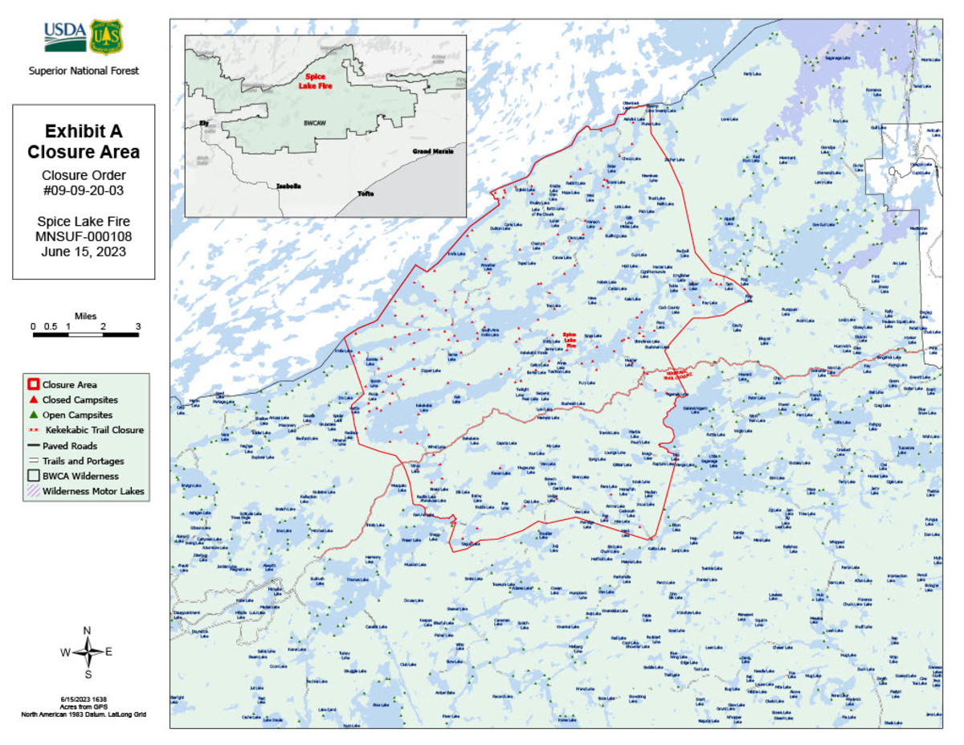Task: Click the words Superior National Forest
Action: pyautogui.click(x=84, y=71)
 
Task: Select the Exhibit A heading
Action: pyautogui.click(x=84, y=131)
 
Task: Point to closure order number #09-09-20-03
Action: pyautogui.click(x=84, y=191)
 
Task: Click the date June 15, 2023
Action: pyautogui.click(x=84, y=251)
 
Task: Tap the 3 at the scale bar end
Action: pyautogui.click(x=137, y=326)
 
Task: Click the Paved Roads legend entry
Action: pyautogui.click(x=70, y=445)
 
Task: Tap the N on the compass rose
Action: pyautogui.click(x=87, y=631)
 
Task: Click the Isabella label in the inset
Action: pyautogui.click(x=288, y=186)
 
